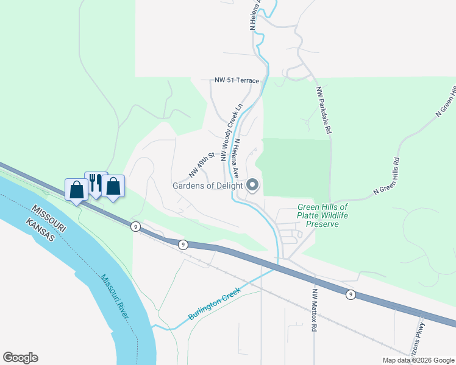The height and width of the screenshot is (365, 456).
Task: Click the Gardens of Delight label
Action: click(207, 186)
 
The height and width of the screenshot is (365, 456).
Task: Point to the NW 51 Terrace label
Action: click(237, 80)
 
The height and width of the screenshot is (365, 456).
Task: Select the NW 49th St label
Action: click(202, 165)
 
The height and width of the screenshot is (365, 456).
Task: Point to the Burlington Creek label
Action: click(215, 304)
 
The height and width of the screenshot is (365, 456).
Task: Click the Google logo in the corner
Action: click(20, 358)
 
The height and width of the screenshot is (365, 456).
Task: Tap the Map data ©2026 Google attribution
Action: click(419, 360)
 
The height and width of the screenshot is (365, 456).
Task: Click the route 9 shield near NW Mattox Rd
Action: click(350, 295)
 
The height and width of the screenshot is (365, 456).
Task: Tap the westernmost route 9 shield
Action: click(135, 226)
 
